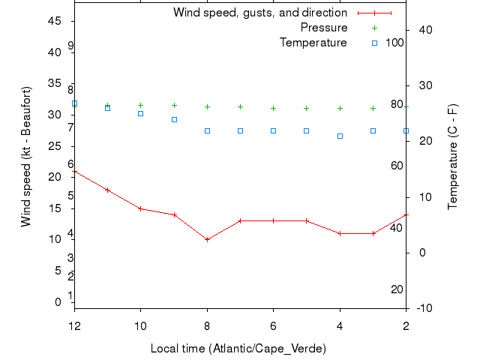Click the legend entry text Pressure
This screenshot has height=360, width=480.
tap(323, 28)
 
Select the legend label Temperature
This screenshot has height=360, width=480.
tap(313, 43)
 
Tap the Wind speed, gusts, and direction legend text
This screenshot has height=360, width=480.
tap(259, 13)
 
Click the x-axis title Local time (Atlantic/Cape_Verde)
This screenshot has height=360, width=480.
tap(238, 349)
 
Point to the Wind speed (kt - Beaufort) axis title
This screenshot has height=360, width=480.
tap(26, 156)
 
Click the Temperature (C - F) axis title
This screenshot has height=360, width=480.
tap(454, 156)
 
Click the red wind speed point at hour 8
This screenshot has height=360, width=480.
tap(207, 239)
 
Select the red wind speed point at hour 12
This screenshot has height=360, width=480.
tap(74, 172)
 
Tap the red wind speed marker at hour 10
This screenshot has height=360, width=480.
tap(140, 208)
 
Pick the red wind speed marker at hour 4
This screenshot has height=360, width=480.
tap(340, 233)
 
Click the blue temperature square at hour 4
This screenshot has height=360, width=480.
tap(340, 136)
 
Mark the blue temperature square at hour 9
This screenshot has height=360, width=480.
tap(174, 119)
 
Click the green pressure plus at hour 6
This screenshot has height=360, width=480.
tap(273, 108)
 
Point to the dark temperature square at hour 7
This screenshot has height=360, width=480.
tap(240, 130)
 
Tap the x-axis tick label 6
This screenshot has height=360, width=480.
tap(273, 326)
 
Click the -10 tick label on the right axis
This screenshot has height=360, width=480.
tap(422, 308)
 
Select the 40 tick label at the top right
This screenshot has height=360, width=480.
tap(422, 30)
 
